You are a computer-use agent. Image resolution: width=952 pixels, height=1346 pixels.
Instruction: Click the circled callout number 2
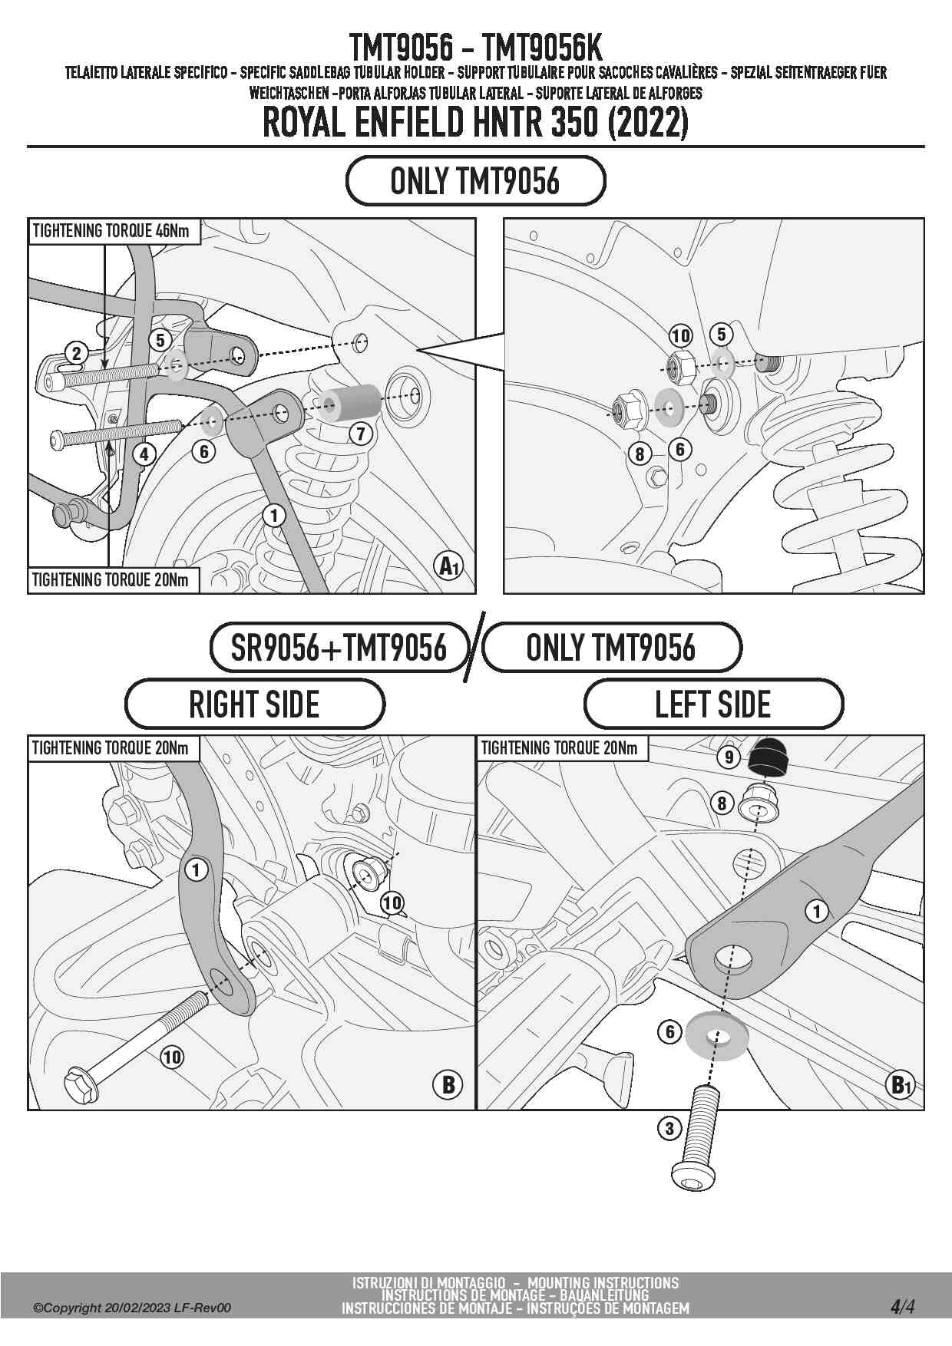click(76, 353)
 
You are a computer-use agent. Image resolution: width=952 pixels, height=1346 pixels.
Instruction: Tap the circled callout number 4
click(144, 454)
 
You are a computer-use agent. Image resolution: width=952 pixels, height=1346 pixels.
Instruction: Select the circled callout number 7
click(361, 434)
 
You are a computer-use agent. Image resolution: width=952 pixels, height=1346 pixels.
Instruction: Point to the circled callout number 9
click(729, 757)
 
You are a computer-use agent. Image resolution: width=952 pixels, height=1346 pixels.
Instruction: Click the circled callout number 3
click(669, 1128)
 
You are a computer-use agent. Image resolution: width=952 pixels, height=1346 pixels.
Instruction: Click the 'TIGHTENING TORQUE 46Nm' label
click(111, 231)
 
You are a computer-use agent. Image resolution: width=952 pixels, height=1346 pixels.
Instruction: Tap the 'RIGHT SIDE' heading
click(254, 704)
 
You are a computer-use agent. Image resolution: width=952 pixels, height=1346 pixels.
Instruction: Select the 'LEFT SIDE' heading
click(713, 704)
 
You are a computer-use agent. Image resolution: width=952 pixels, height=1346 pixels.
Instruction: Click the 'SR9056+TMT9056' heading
click(339, 648)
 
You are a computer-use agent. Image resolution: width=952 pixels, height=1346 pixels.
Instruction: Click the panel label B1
click(899, 1085)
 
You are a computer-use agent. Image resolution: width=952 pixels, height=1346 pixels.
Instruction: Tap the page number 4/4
click(903, 1307)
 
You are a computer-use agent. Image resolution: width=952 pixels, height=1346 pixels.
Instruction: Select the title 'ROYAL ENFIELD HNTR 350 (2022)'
click(476, 123)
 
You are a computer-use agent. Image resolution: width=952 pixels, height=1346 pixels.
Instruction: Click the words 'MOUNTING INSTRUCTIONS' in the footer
click(603, 1282)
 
